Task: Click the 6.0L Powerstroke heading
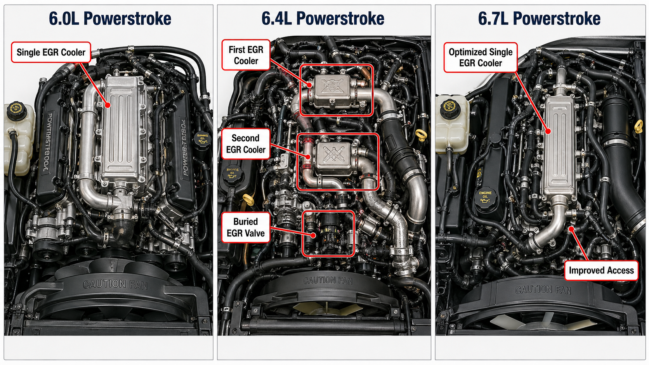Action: click(110, 19)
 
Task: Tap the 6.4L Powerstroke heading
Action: click(323, 19)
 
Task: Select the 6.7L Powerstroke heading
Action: click(539, 19)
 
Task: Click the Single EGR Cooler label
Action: click(51, 52)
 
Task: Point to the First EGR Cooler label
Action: click(246, 55)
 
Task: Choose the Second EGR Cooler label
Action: click(246, 144)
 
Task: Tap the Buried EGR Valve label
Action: click(245, 227)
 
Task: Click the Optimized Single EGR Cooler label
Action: click(481, 57)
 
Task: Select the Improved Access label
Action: click(601, 270)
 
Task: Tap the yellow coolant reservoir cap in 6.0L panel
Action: click(16, 110)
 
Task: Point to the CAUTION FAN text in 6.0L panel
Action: click(115, 284)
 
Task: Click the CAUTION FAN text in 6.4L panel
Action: click(328, 280)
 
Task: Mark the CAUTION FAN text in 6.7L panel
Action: click(543, 289)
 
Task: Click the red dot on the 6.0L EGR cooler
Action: click(108, 105)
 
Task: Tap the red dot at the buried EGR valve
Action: click(313, 235)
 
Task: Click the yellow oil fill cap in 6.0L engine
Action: click(202, 140)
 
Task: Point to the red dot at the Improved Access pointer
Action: click(571, 229)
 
